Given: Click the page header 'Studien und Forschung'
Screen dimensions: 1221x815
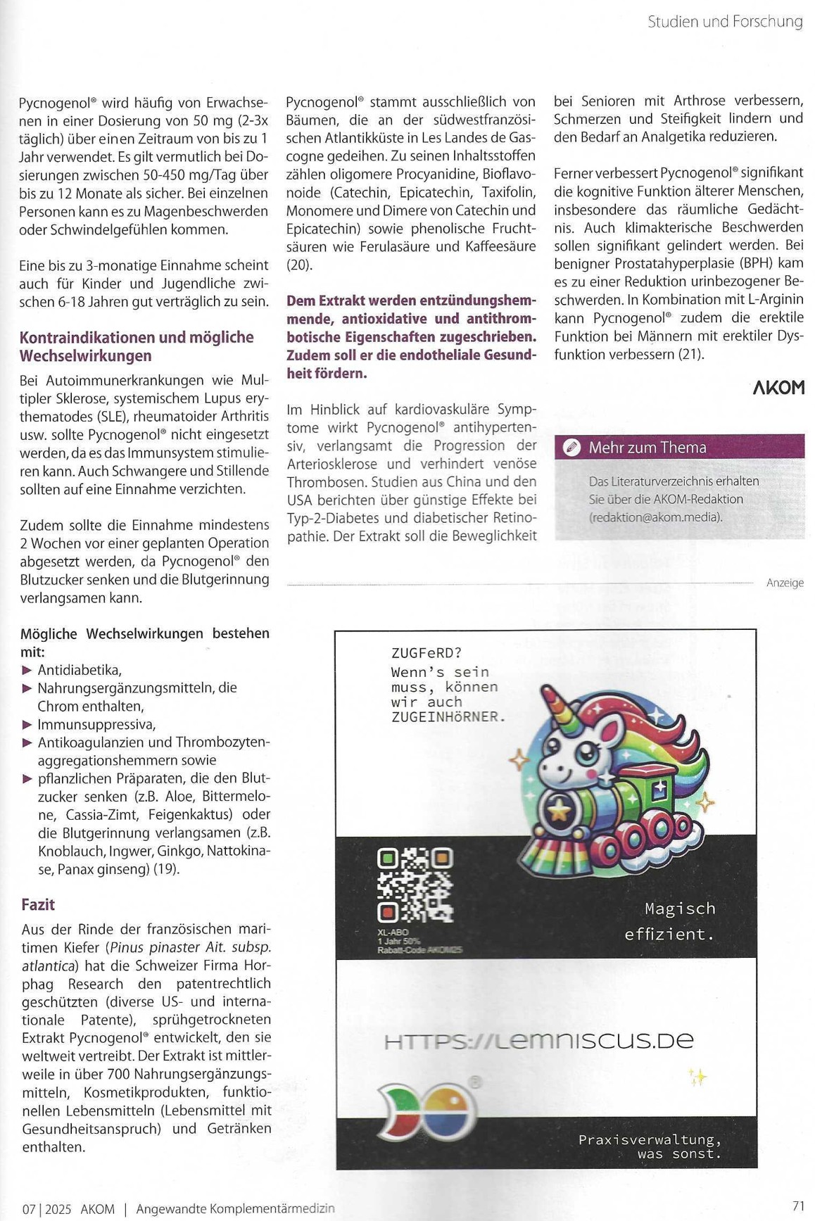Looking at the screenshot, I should click(x=724, y=22).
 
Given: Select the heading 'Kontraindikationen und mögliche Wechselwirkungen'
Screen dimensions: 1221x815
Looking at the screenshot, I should click(x=137, y=346).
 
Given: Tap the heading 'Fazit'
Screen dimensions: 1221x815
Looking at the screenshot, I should click(x=38, y=904).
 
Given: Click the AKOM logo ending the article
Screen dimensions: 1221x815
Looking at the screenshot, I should click(x=778, y=388).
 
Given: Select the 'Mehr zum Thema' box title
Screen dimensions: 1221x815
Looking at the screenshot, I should click(x=647, y=448).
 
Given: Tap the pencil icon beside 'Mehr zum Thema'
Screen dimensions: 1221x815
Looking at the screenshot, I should click(x=572, y=448).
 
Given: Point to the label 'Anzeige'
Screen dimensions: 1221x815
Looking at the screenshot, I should click(x=784, y=583).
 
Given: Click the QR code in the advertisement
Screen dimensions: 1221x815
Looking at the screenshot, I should click(x=415, y=885).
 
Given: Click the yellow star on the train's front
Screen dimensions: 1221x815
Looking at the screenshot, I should click(x=559, y=812).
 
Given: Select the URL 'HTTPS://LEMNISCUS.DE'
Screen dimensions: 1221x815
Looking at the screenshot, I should click(x=539, y=1041).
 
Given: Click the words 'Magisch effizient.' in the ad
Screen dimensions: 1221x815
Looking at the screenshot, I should click(x=670, y=921).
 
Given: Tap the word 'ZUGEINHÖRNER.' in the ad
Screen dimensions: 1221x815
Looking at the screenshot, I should click(x=448, y=717).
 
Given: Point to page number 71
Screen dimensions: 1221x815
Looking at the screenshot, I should click(x=798, y=1206).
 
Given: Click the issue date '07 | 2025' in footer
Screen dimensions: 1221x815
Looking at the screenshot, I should click(x=46, y=1209).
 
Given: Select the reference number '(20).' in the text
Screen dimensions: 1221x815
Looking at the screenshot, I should click(x=299, y=265).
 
